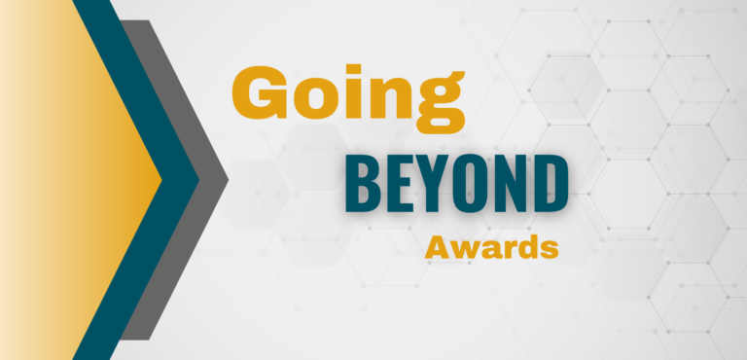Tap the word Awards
pyautogui.click(x=491, y=248)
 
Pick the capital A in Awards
pyautogui.click(x=437, y=247)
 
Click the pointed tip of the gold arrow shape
pyautogui.click(x=161, y=180)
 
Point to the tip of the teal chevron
pyautogui.click(x=198, y=180)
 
